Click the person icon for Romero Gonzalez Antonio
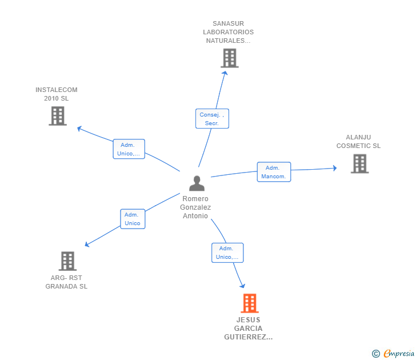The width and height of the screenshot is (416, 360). click(x=197, y=183)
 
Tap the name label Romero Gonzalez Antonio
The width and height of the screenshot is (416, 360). click(x=195, y=207)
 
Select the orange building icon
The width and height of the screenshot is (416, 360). click(x=249, y=303)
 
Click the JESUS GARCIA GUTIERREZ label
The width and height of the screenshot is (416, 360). click(x=249, y=329)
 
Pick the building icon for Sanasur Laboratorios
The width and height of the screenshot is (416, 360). click(x=229, y=58)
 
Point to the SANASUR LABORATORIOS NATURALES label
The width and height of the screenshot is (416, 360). click(x=228, y=33)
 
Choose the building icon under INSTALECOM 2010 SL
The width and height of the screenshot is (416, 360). click(x=57, y=116)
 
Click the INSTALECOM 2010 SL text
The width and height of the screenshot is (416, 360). click(x=57, y=94)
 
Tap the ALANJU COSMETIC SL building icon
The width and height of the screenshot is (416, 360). click(x=359, y=164)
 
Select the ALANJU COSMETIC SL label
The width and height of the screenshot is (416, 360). click(x=358, y=142)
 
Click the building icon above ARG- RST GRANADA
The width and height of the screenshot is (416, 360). click(x=67, y=261)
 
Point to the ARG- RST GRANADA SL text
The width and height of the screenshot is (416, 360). click(x=67, y=282)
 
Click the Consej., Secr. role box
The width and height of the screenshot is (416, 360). click(x=212, y=119)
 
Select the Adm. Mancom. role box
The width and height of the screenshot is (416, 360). click(x=274, y=172)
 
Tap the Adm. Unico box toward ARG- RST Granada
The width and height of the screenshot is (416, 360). click(x=133, y=219)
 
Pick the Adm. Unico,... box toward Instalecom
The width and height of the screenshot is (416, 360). click(x=129, y=149)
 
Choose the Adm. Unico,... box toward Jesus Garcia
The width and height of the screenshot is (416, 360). click(x=227, y=253)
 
